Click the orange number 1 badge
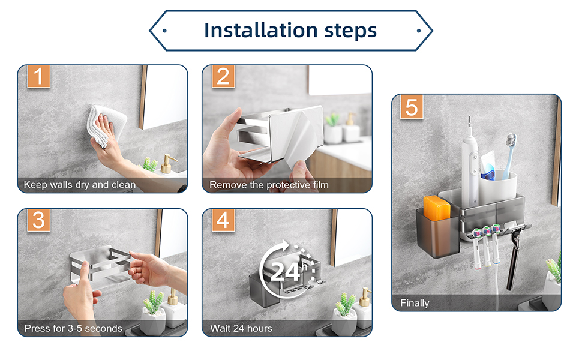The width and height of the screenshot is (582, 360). [x=38, y=76]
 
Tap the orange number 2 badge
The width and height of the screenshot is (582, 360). [x=223, y=76]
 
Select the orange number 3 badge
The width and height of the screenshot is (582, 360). [x=38, y=220]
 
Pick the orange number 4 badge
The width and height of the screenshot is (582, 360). [x=223, y=220]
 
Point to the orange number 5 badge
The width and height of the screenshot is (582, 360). [x=412, y=107]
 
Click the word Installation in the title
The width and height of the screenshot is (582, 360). [x=260, y=31]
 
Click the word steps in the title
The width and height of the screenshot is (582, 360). [x=350, y=31]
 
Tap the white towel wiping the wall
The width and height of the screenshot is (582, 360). [x=106, y=125]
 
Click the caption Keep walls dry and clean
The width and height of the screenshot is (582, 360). [x=79, y=184]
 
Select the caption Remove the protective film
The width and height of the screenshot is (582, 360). [x=269, y=185]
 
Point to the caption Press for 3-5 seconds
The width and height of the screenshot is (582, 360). [x=73, y=328]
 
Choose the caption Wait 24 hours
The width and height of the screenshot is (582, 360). [x=241, y=328]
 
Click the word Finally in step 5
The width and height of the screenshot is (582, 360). [x=415, y=303]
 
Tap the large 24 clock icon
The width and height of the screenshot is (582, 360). [x=286, y=269]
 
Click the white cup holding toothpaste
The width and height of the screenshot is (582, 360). [x=498, y=187]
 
